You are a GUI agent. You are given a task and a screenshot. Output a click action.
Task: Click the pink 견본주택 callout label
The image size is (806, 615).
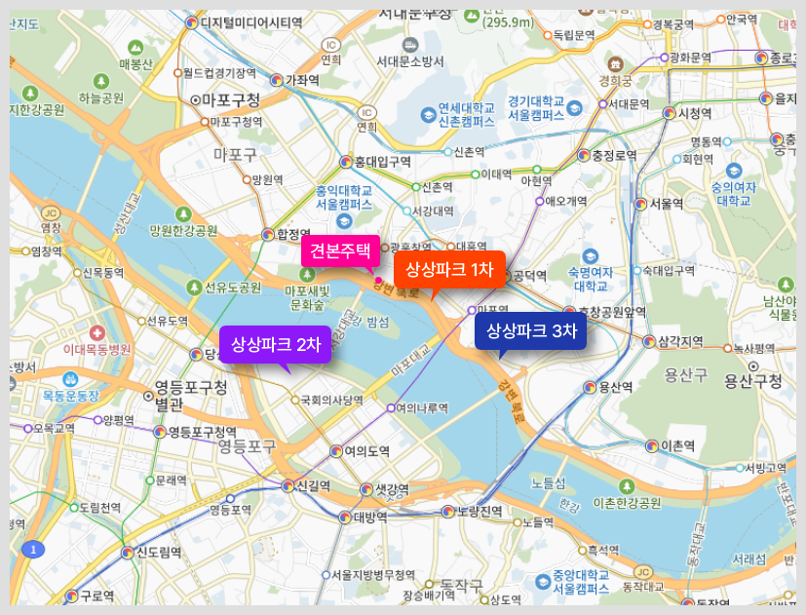point(340,250)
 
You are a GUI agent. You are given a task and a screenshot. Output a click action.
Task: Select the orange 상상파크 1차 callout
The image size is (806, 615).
point(449,269)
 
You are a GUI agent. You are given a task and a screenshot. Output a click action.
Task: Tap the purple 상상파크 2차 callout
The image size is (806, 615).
point(276,344)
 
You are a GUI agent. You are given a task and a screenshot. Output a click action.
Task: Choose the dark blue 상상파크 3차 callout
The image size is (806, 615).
point(531,330)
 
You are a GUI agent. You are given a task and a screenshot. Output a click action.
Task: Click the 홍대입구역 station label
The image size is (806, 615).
point(382,162)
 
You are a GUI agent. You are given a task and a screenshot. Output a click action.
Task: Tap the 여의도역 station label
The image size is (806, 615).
point(366,451)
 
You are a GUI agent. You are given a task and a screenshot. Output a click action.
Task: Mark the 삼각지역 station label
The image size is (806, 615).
point(680,341)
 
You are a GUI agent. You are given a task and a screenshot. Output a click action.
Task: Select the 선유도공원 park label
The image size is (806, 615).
point(233,288)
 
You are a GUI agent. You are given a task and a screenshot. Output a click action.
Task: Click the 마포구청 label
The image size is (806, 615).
point(232,99)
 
